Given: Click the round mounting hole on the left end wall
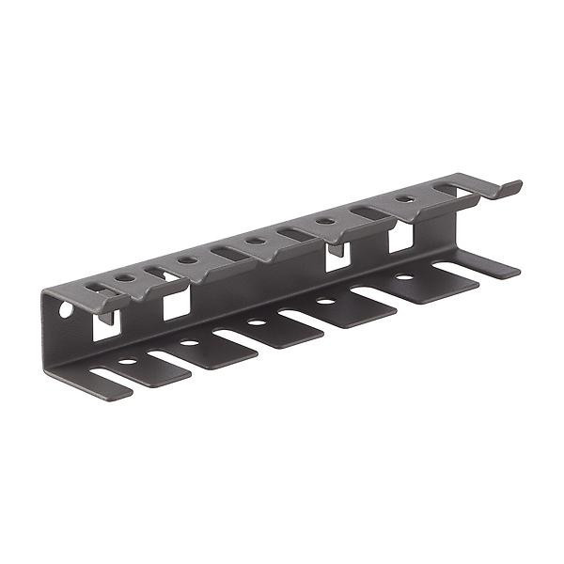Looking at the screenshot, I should click(66, 308).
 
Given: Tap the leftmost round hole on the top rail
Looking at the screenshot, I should click(123, 277).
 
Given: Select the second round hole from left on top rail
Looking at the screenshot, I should click(187, 259).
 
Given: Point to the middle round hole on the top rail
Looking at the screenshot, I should click(255, 241).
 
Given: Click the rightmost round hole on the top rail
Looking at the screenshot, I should click(404, 199).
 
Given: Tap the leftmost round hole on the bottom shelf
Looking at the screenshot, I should click(127, 361).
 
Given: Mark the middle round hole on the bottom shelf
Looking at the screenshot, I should click(257, 322).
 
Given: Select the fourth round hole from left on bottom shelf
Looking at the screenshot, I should click(326, 301).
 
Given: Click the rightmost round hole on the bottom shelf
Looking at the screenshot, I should click(402, 277).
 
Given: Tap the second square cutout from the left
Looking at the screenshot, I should click(177, 303).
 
